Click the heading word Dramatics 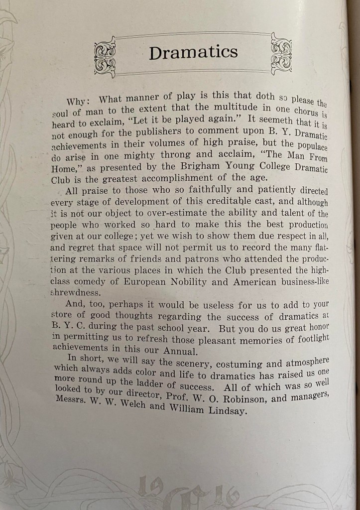coord(193,52)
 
